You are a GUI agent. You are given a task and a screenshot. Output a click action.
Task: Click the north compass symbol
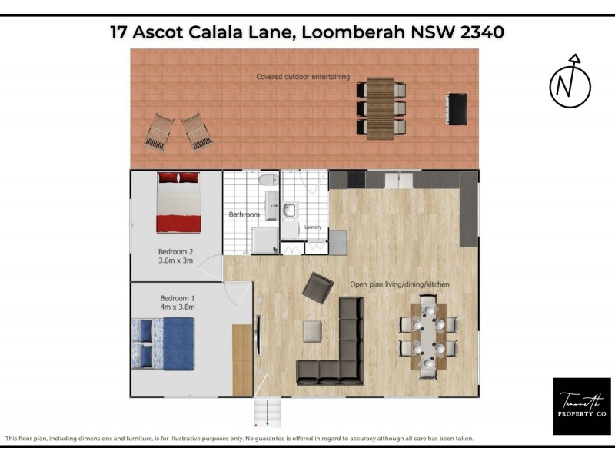570,82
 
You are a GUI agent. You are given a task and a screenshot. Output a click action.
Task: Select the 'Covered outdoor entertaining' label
303,77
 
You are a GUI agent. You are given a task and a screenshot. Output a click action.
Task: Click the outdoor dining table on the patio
380,108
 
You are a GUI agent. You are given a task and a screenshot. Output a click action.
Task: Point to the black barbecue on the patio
457,108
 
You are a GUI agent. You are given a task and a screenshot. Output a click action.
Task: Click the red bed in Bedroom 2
179,203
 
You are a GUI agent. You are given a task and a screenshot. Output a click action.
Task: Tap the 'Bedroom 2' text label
175,251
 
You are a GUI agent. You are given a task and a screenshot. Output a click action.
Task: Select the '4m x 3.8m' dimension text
178,307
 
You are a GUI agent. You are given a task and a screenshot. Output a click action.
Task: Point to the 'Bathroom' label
244,214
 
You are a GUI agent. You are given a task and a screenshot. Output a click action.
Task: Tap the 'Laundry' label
312,227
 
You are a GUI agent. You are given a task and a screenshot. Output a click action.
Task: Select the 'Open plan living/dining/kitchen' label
400,284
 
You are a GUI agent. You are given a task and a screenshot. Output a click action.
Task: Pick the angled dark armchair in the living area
317,287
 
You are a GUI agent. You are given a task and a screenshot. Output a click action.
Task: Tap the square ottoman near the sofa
312,331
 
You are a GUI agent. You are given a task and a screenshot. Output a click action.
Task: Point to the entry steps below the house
267,413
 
